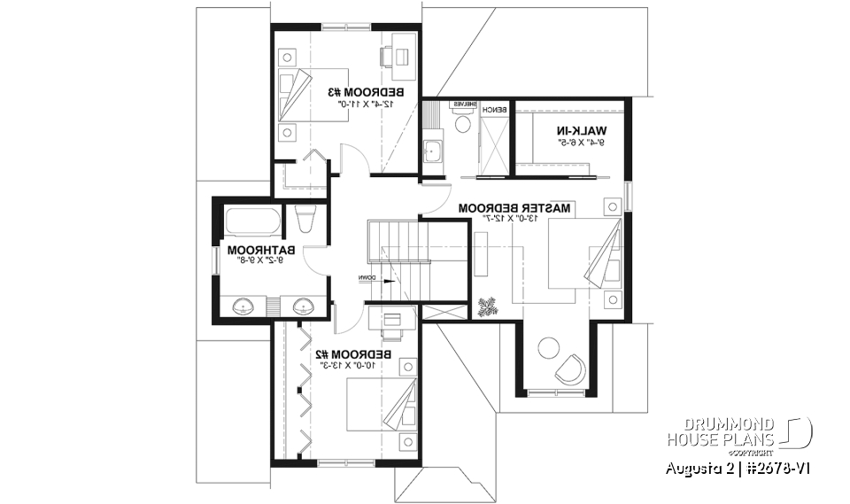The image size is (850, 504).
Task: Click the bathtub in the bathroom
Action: coord(252,219)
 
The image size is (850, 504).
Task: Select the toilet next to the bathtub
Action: coord(304,218)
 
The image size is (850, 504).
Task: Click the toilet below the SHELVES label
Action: coord(462,124)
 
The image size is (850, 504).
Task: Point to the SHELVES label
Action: coord(466,105)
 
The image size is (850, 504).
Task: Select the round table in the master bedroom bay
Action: coord(550,348)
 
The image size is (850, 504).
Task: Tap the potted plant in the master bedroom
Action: coord(487,306)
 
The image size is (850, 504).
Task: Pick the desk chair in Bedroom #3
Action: coord(387,56)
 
